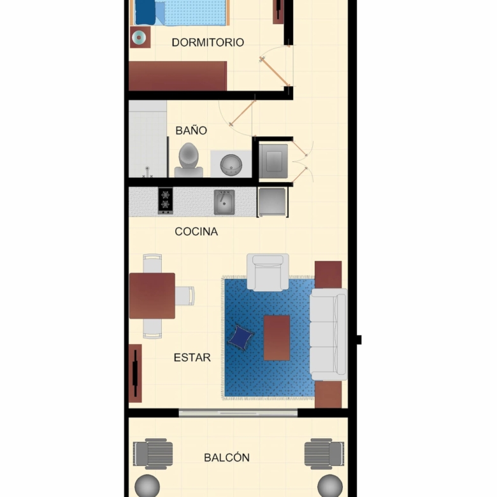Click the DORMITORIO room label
208,43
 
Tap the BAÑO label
191,130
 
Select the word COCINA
196,232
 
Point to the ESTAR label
192,357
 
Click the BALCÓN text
227,457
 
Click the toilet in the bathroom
189,160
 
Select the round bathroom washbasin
231,165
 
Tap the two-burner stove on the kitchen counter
166,201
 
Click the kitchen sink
224,202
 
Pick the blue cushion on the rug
241,338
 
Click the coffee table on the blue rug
277,338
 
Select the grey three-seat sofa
329,335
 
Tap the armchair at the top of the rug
268,272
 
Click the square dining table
152,296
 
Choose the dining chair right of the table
185,296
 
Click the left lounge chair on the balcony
153,454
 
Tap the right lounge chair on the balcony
324,454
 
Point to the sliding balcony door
238,412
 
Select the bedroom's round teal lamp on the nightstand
139,38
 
